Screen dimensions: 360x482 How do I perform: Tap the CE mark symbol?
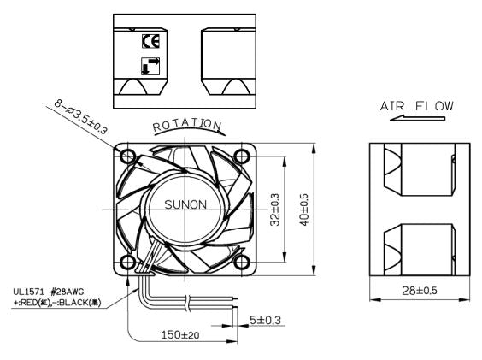(x=149, y=38)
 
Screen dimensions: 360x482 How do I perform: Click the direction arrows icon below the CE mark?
(x=149, y=65)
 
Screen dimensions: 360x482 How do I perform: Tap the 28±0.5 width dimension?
(x=420, y=291)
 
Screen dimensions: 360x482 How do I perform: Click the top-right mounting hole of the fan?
(x=242, y=156)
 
